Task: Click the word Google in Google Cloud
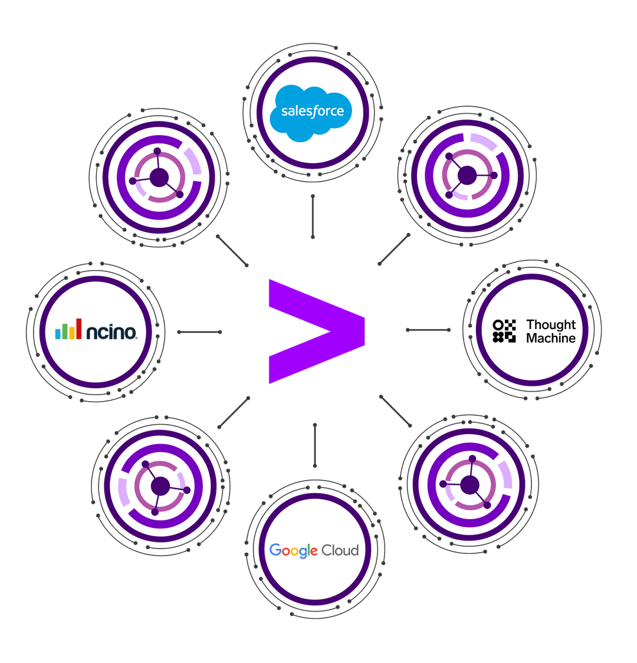coord(293,551)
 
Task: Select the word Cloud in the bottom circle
coord(340,550)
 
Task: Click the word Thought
coord(550,324)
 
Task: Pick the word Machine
coord(550,339)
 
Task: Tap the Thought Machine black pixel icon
coord(504,331)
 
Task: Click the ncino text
coord(111,332)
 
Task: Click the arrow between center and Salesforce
coord(312,216)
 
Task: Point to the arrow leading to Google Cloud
coord(314,444)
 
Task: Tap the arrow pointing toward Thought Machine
coord(428,330)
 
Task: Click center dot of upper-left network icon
coord(159,177)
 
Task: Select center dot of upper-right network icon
coord(467,175)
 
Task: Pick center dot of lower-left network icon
coord(160,487)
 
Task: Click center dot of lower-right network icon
coord(469,485)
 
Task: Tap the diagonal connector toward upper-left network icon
coord(232,250)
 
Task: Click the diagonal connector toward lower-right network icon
coord(395,411)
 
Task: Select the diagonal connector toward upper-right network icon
coord(394,250)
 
